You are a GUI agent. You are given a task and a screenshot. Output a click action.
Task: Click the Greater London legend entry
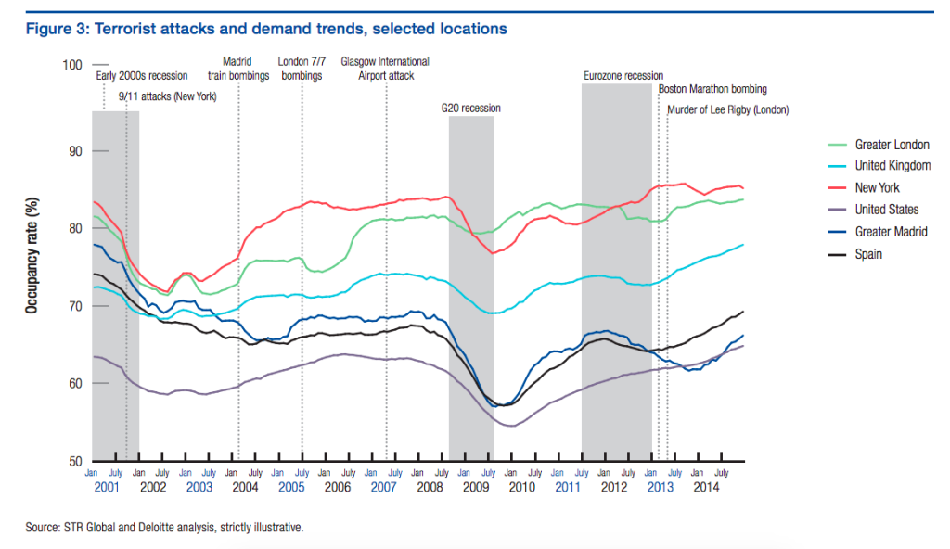[892, 145]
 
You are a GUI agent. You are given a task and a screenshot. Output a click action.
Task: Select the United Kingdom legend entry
[892, 166]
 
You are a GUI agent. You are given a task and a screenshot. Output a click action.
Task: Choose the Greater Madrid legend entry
[891, 232]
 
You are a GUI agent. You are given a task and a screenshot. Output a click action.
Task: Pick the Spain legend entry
[868, 254]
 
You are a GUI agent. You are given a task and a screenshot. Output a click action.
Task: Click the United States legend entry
[886, 210]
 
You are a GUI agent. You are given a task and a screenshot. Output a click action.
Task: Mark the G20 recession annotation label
[470, 109]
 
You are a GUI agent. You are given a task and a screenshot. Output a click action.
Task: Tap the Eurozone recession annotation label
[623, 76]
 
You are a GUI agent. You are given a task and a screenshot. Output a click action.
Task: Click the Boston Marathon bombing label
[712, 90]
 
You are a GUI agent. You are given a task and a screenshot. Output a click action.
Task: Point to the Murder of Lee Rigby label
[728, 109]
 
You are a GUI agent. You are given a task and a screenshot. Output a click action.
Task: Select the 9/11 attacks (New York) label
[168, 96]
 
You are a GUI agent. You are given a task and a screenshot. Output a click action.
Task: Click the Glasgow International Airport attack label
[385, 69]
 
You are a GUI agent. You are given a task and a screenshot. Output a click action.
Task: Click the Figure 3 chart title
[266, 29]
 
